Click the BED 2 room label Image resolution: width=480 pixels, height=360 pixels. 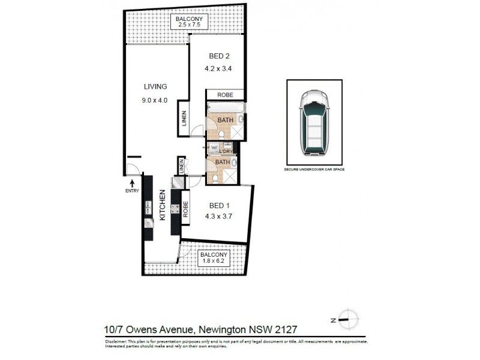click(x=220, y=56)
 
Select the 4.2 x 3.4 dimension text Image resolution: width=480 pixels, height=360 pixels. click(x=220, y=68)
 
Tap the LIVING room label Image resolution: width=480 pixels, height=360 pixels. click(x=155, y=86)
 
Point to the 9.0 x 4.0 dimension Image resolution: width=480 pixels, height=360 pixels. click(x=155, y=100)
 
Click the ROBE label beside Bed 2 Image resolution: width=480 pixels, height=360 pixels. click(x=225, y=95)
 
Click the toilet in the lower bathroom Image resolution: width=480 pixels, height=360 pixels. click(x=215, y=179)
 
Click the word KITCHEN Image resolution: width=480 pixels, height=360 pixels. click(x=161, y=207)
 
